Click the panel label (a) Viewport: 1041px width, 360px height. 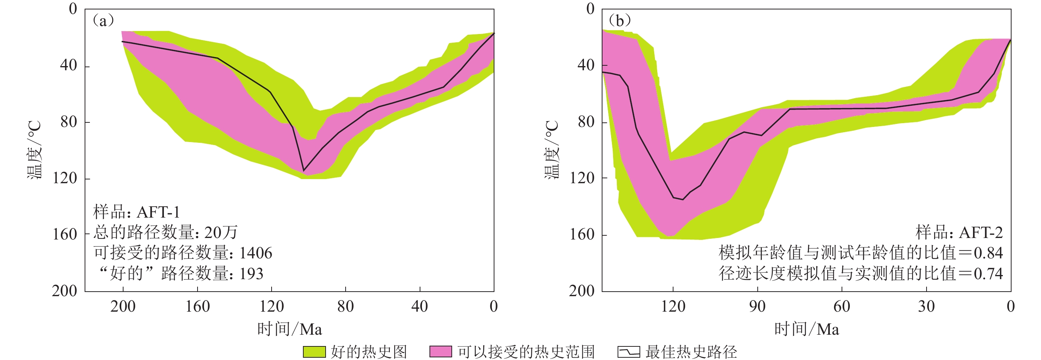[103, 20]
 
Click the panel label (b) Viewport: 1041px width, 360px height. [619, 20]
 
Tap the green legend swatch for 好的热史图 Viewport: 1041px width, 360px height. [314, 352]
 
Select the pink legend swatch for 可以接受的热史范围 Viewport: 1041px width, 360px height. [440, 352]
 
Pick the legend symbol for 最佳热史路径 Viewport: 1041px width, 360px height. [629, 352]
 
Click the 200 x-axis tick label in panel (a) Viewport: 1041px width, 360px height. [123, 306]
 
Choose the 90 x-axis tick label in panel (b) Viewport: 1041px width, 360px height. [757, 306]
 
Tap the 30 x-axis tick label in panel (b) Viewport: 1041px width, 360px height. [926, 306]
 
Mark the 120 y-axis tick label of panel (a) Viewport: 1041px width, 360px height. [65, 178]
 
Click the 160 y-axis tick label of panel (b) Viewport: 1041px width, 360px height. [582, 234]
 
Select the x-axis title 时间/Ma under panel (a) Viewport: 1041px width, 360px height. [289, 329]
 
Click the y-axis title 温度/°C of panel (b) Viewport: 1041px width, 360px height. [552, 150]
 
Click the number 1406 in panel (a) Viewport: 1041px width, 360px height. [255, 253]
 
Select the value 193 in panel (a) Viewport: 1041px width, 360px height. [251, 274]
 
